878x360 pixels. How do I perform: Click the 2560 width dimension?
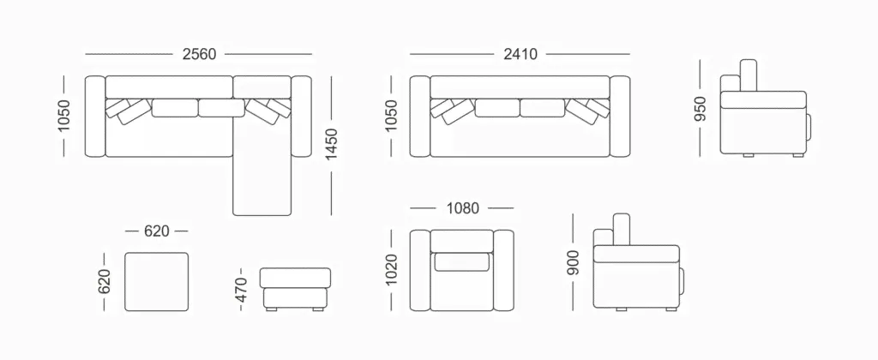pos(199,54)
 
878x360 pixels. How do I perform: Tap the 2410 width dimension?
pos(520,54)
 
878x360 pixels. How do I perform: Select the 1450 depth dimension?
pos(332,144)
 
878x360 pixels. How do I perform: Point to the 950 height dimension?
pos(701,109)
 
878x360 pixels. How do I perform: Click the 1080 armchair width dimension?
pos(462,208)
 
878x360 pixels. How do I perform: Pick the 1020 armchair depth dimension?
pos(391,270)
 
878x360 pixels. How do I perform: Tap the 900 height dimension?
pos(573,262)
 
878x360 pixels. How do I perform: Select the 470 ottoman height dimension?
pos(241,290)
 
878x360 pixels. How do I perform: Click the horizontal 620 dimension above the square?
pos(156,231)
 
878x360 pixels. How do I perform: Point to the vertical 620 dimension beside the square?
pos(104,281)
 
